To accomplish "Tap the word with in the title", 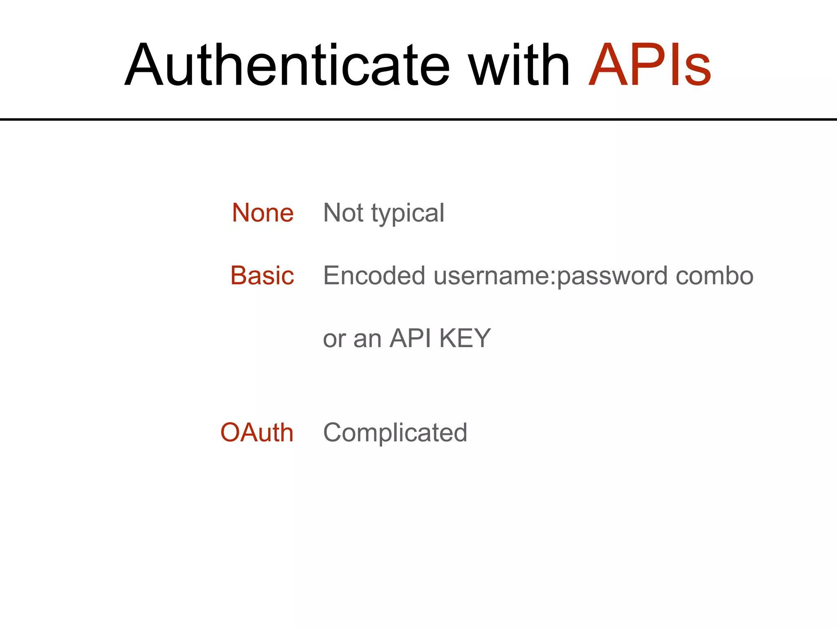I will pos(519,65).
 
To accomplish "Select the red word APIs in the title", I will pos(650,65).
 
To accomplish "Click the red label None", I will pos(263,213).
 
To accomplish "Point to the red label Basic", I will pos(262,276).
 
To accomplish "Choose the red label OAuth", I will pos(257,433).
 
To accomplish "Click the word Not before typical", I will pos(343,213).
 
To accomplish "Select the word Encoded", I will pos(374,276).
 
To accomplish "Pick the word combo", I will pos(714,276).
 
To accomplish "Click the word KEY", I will pos(465,339).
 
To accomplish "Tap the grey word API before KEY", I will pos(410,339).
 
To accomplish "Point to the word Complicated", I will pos(395,433).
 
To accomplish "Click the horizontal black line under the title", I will pos(418,119).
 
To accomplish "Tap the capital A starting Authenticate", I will pos(143,65).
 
